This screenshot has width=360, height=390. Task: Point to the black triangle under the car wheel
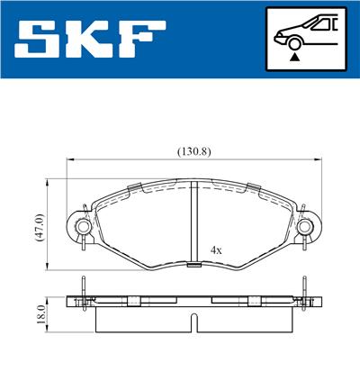tap(294, 56)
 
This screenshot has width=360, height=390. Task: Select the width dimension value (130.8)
tap(193, 150)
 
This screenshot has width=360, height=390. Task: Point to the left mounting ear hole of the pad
tap(84, 225)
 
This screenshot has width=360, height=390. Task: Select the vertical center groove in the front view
tap(194, 225)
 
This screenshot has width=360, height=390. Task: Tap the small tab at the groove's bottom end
tap(194, 265)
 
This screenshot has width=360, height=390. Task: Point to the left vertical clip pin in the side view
tap(82, 293)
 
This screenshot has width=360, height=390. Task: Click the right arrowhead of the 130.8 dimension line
tap(318, 160)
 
